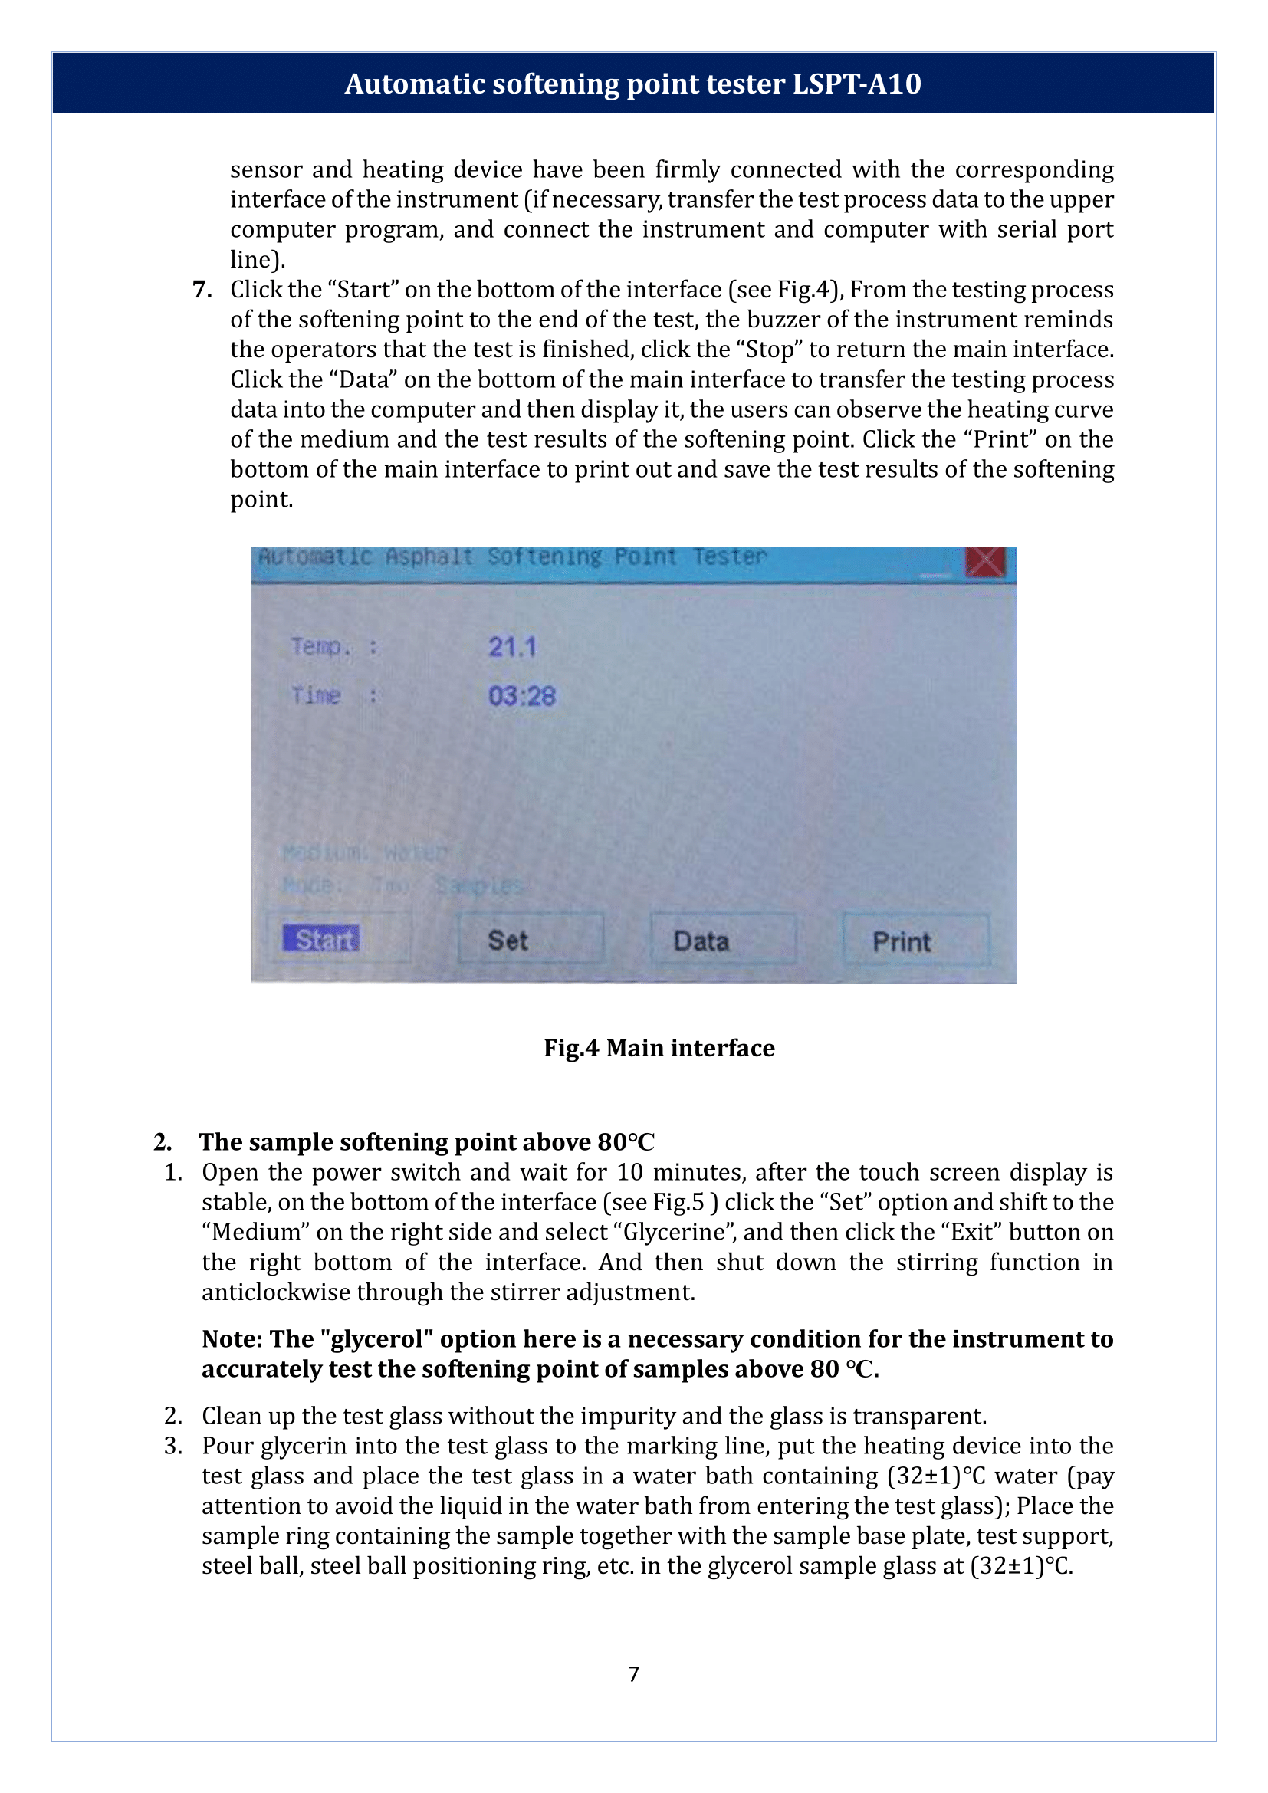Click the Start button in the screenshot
[x=321, y=939]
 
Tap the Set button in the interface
[x=508, y=941]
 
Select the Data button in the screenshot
[x=701, y=941]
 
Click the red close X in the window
[x=985, y=561]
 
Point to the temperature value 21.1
[x=512, y=648]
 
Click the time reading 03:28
[x=521, y=696]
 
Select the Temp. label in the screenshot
[x=320, y=647]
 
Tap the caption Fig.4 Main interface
[x=659, y=1048]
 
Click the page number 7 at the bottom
[x=633, y=1673]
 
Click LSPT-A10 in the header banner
[x=856, y=84]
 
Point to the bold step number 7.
[x=202, y=290]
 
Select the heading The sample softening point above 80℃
[x=426, y=1141]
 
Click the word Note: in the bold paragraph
[x=232, y=1338]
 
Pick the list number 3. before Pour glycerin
[x=173, y=1446]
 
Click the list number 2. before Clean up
[x=173, y=1416]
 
